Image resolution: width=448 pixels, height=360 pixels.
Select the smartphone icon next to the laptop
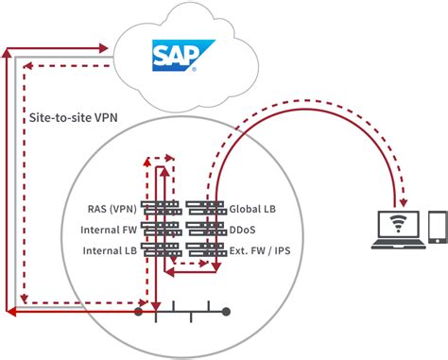click(x=438, y=228)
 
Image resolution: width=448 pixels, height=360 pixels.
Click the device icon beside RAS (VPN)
click(x=160, y=207)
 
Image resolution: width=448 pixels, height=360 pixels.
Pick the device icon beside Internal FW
click(x=160, y=229)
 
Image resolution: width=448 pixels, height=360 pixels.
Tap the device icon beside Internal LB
click(x=160, y=249)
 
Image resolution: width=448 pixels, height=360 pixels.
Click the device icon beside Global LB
click(x=204, y=207)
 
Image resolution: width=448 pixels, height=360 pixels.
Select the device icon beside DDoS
click(x=204, y=229)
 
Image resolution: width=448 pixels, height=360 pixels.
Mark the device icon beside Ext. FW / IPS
click(x=204, y=249)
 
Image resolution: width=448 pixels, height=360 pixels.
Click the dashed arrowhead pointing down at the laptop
click(x=402, y=200)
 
